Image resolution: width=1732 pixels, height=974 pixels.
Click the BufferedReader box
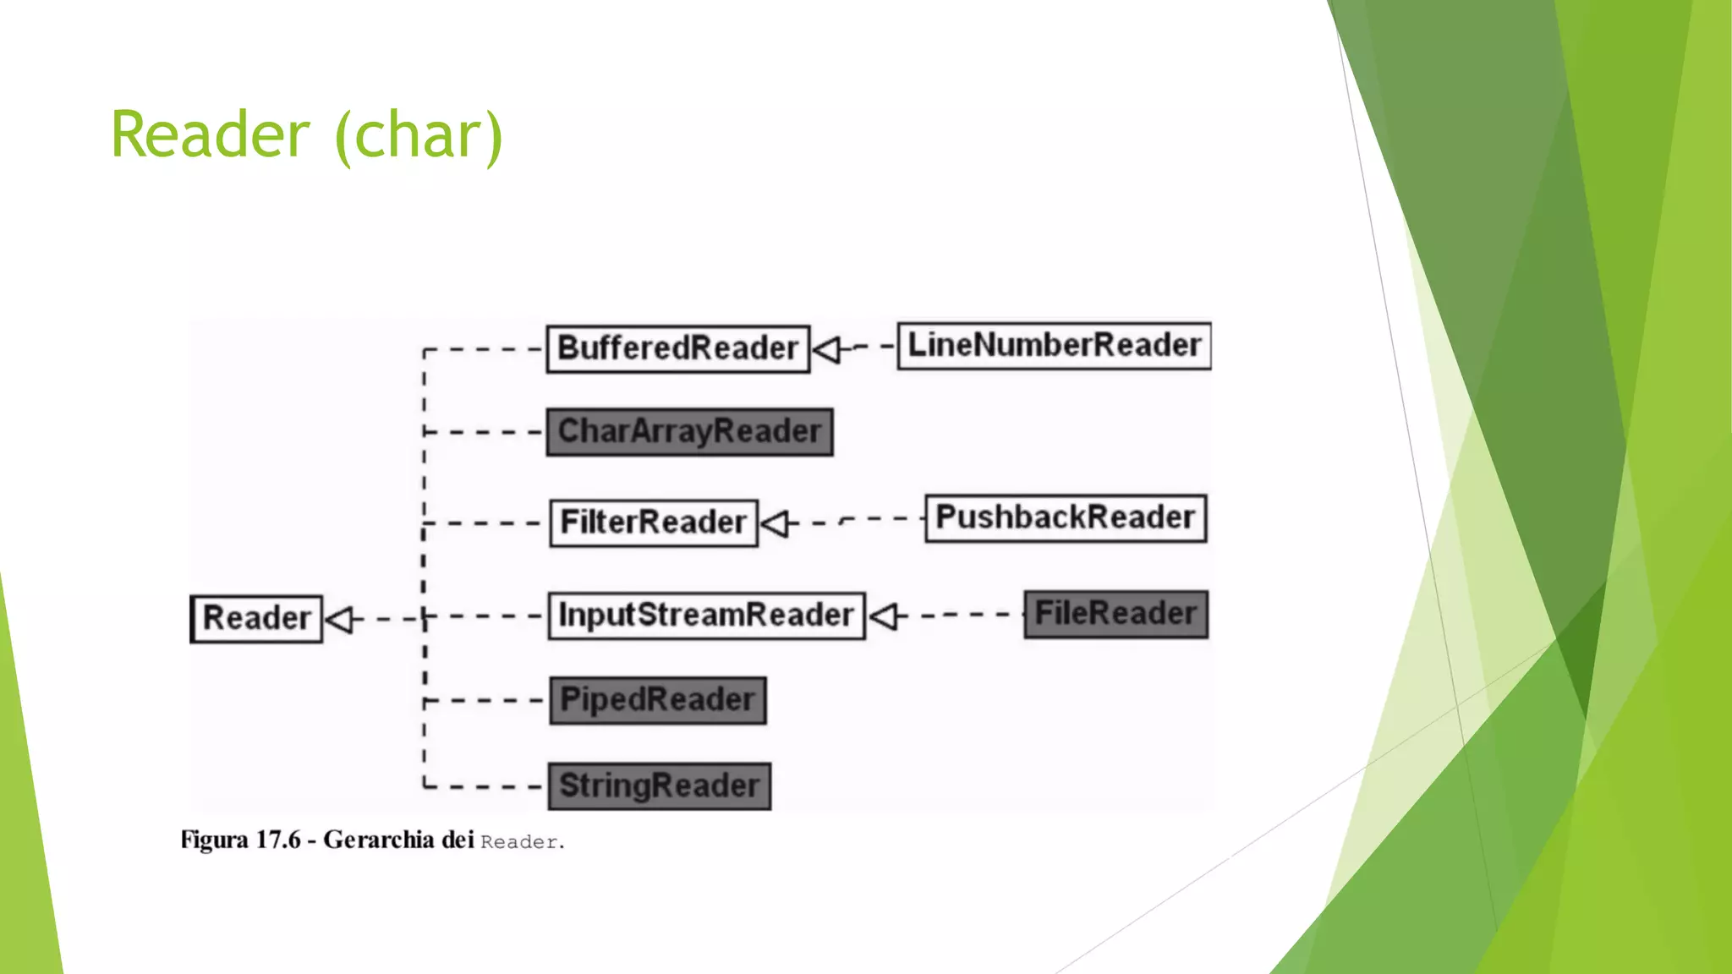pos(677,348)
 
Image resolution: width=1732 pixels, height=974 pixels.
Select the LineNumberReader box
pos(1054,345)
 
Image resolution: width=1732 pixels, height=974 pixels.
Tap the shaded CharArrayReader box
pos(689,432)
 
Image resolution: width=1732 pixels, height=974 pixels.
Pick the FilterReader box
pos(653,523)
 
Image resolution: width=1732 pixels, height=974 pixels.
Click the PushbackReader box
pos(1065,517)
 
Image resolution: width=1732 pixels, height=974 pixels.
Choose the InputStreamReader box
pos(706,616)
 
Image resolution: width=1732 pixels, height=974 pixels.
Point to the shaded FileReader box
pos(1115,614)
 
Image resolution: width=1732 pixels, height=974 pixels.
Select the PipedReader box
pos(658,700)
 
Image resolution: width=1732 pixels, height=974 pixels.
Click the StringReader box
pos(659,786)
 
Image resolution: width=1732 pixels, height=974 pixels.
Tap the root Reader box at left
pos(256,619)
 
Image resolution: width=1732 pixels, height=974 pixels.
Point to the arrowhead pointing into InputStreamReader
pos(884,616)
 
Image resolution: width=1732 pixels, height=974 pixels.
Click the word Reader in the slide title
pos(211,135)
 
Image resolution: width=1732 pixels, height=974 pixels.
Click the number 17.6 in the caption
pos(278,840)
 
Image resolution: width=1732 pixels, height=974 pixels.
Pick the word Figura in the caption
pos(214,840)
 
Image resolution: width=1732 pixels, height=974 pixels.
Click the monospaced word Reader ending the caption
pos(518,842)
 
